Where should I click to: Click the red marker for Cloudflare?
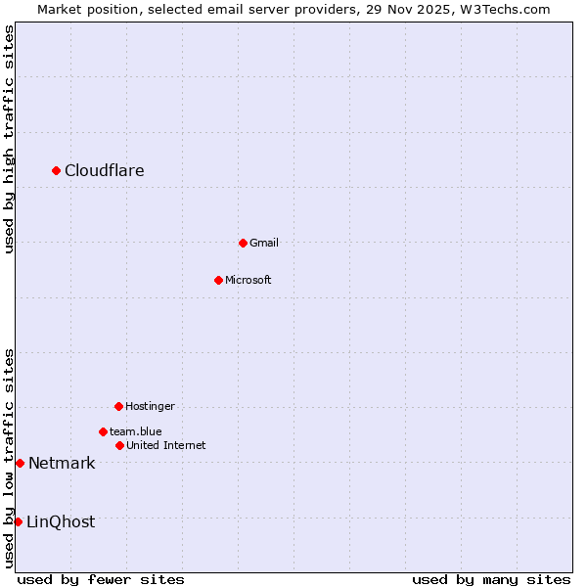tap(56, 170)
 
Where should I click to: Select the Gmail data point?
tap(243, 243)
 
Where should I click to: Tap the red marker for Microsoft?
tap(218, 280)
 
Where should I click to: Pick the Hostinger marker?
tap(118, 406)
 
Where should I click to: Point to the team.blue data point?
tap(103, 431)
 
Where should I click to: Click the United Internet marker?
tap(119, 445)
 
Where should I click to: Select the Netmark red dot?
tap(20, 463)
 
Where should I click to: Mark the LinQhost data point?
tap(18, 521)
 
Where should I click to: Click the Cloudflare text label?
tap(105, 171)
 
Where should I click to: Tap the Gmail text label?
tap(264, 243)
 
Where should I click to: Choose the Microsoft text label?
tap(248, 280)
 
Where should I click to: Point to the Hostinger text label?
tap(150, 406)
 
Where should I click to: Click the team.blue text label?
tap(136, 431)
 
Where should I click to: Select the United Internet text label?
tap(166, 445)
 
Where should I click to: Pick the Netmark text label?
tap(62, 464)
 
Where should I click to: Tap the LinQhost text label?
tap(61, 522)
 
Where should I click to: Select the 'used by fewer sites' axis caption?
tap(101, 579)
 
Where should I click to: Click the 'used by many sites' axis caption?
tap(491, 579)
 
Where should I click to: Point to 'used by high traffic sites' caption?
tap(10, 139)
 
